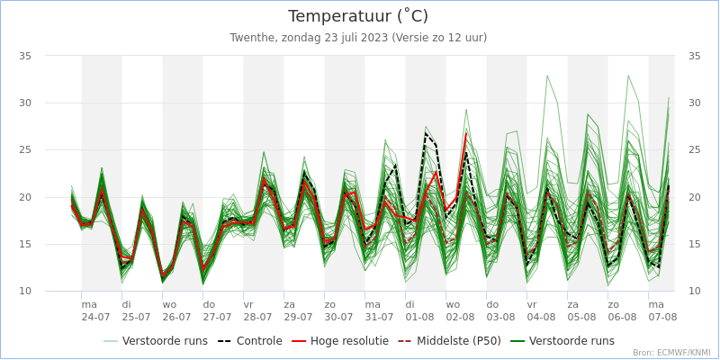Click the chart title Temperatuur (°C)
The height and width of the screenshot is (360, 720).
tap(358, 16)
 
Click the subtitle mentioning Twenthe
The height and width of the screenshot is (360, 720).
tap(358, 38)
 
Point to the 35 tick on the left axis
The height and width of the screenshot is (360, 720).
tap(25, 56)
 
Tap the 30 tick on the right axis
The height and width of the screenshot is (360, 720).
tap(694, 103)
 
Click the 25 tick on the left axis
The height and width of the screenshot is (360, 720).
tap(25, 150)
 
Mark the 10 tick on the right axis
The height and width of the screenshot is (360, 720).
tap(694, 292)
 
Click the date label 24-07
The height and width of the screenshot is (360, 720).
tap(95, 317)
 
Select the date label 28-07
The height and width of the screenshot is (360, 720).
tap(257, 317)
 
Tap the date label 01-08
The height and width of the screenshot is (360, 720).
tap(419, 317)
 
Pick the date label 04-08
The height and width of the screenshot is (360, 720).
tap(541, 317)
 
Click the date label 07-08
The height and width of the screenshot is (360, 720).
tap(662, 317)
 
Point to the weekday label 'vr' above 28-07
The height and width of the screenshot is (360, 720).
tap(248, 304)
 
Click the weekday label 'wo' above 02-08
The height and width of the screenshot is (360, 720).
tap(453, 304)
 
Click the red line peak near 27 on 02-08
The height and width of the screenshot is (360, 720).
tap(466, 133)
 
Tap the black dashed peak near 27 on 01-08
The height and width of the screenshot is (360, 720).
tap(426, 133)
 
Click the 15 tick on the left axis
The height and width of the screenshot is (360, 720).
tap(25, 244)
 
